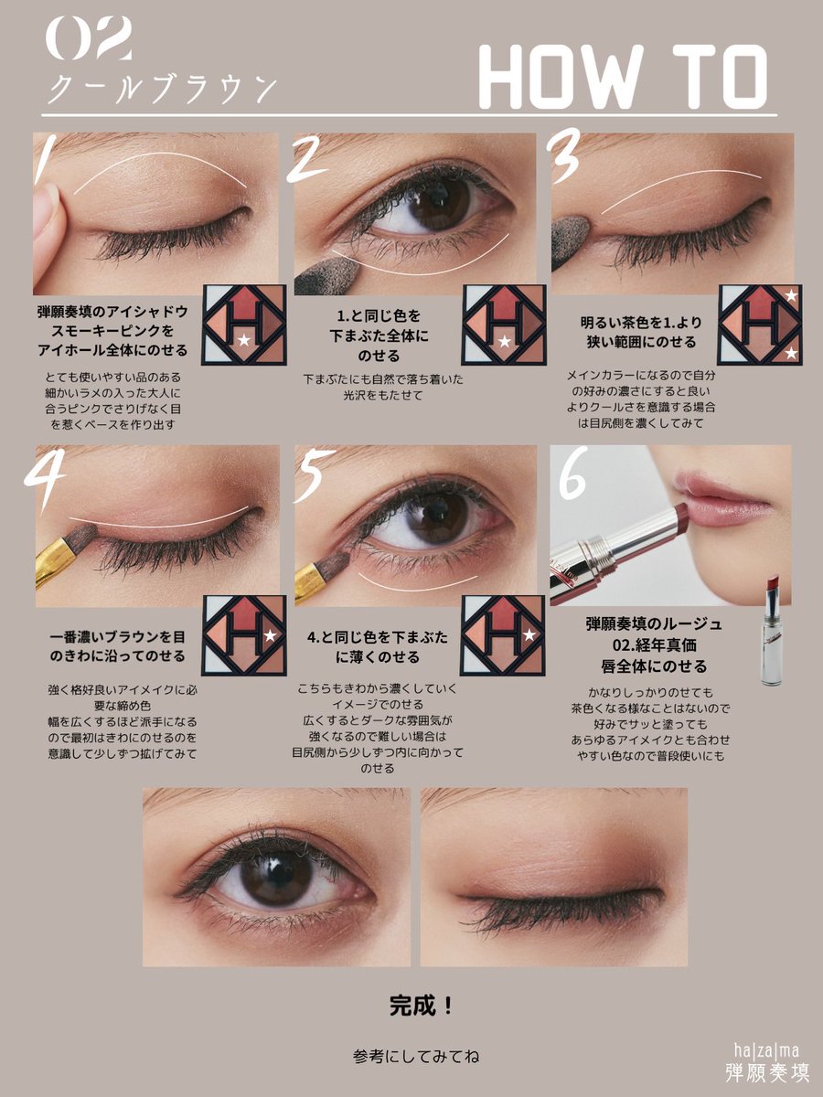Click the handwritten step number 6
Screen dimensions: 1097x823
click(572, 478)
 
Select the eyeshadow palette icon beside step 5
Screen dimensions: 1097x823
click(502, 635)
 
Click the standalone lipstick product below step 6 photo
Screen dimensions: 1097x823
click(773, 631)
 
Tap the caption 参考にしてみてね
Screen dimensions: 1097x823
click(416, 1056)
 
